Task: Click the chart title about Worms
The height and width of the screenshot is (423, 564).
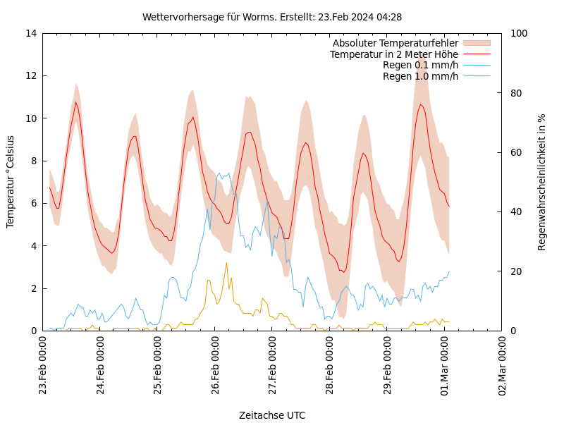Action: pyautogui.click(x=272, y=17)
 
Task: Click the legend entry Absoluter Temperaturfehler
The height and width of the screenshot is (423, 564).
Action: pyautogui.click(x=395, y=44)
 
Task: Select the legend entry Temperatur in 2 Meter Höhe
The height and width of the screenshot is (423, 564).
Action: pyautogui.click(x=393, y=54)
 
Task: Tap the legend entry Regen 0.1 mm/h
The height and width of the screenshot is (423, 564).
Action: pyautogui.click(x=420, y=65)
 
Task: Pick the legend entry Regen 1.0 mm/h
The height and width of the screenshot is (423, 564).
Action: pyautogui.click(x=420, y=75)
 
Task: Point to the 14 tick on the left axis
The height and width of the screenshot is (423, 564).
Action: pyautogui.click(x=30, y=33)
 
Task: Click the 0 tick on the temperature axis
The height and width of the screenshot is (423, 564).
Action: pyautogui.click(x=33, y=331)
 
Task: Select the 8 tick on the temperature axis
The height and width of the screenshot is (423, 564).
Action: pyautogui.click(x=33, y=161)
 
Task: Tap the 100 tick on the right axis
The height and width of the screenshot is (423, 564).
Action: pyautogui.click(x=516, y=33)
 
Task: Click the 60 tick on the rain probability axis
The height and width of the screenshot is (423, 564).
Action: pyautogui.click(x=513, y=152)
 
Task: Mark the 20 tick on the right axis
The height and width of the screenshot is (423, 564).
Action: pyautogui.click(x=513, y=271)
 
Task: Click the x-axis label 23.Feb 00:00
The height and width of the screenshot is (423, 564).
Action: pyautogui.click(x=43, y=367)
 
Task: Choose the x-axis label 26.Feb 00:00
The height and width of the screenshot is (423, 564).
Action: pyautogui.click(x=215, y=367)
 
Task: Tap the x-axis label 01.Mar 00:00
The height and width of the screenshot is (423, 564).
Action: pyautogui.click(x=445, y=367)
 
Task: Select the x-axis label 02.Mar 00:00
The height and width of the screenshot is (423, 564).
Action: pyautogui.click(x=502, y=367)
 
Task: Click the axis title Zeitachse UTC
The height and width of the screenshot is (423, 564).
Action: pyautogui.click(x=272, y=415)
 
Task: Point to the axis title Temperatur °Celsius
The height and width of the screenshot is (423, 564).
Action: pyautogui.click(x=11, y=182)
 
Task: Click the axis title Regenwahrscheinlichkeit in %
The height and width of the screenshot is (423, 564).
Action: pyautogui.click(x=542, y=182)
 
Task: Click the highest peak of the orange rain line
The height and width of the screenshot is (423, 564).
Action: pyautogui.click(x=226, y=263)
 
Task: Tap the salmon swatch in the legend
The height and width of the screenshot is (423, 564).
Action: pyautogui.click(x=477, y=44)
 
